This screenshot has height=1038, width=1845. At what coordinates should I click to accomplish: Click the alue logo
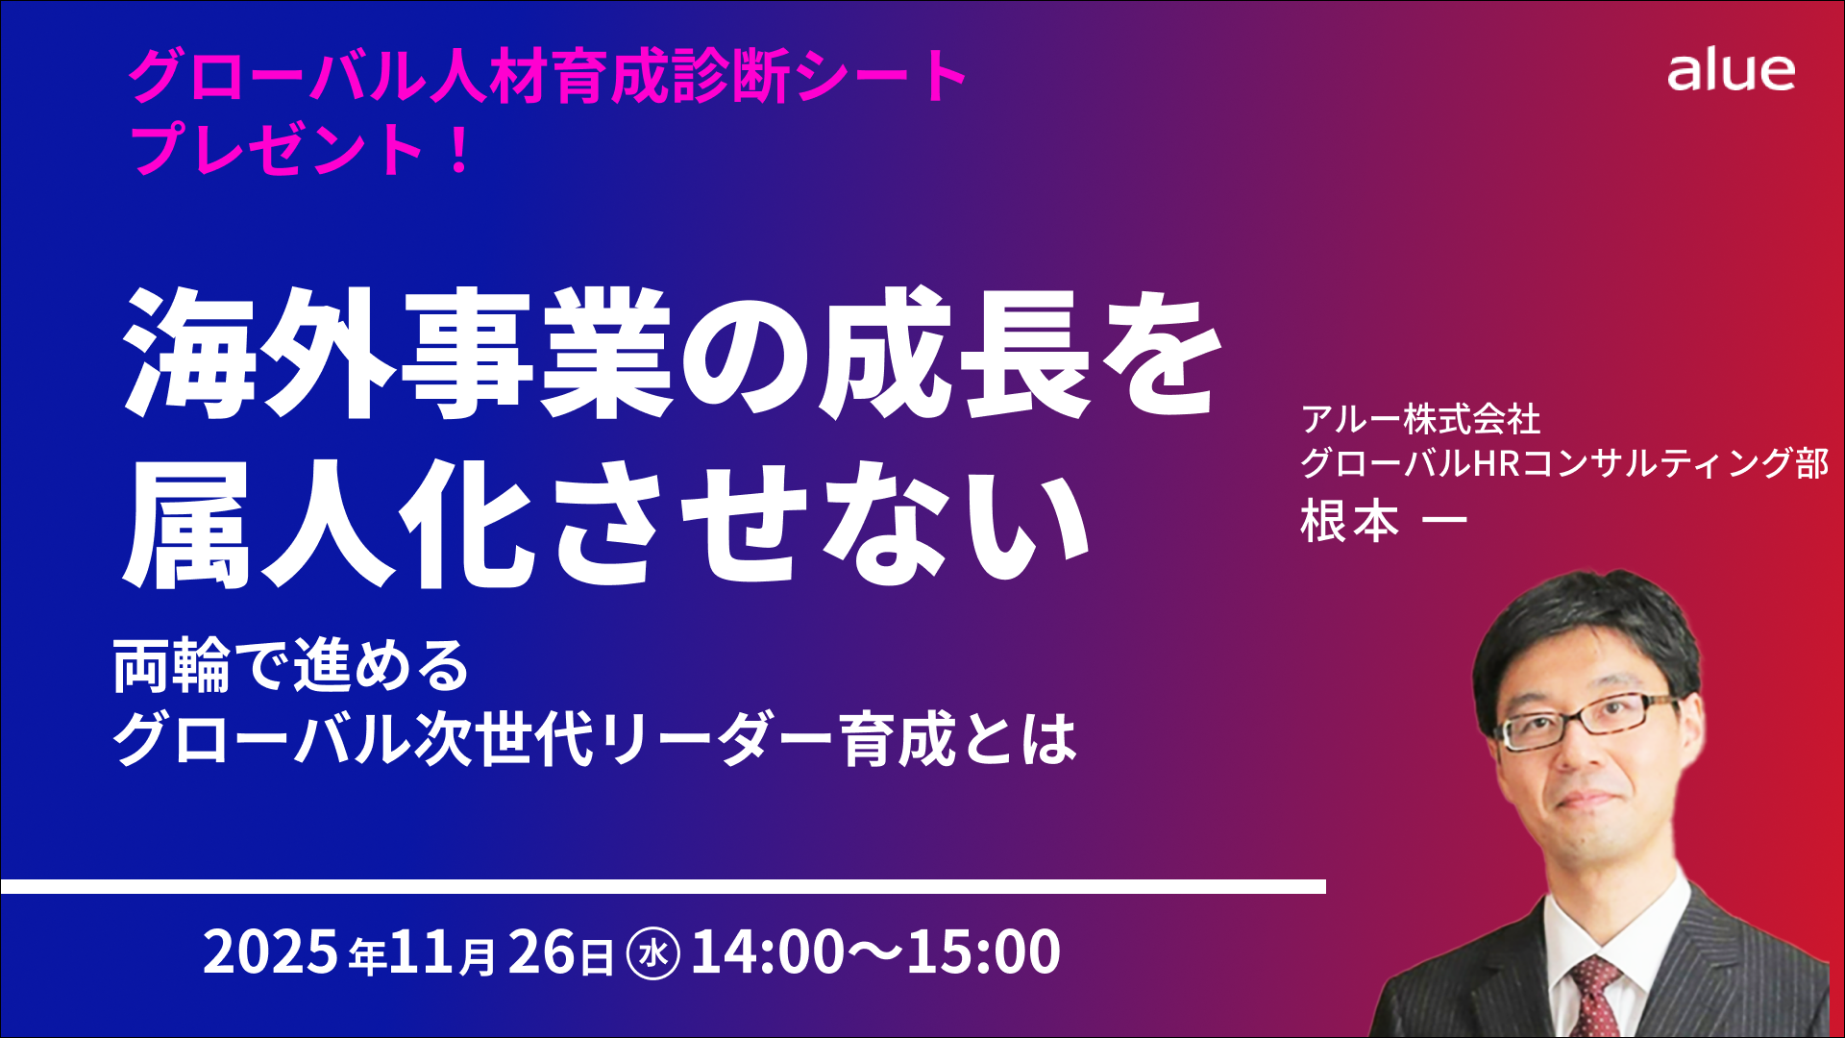click(1731, 72)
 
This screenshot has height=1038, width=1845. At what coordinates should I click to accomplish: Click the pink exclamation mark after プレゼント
click(459, 150)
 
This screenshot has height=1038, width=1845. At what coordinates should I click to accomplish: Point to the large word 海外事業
click(399, 353)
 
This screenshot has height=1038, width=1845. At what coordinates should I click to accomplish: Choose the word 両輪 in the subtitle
click(172, 665)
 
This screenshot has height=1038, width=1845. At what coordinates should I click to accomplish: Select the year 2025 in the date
click(271, 951)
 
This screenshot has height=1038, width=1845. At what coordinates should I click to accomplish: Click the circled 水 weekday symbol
click(653, 953)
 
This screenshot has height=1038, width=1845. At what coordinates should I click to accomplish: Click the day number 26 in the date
click(541, 951)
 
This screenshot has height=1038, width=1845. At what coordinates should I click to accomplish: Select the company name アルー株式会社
click(1421, 419)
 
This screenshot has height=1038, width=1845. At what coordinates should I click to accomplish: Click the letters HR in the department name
click(1498, 463)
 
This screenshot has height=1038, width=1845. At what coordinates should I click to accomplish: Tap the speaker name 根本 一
click(1384, 521)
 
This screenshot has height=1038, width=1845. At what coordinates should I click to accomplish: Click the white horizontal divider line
click(663, 886)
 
